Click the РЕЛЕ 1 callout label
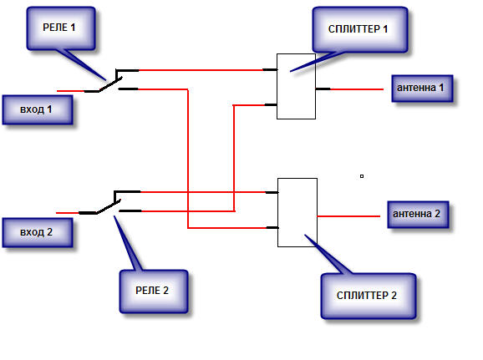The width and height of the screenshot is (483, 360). pyautogui.click(x=61, y=28)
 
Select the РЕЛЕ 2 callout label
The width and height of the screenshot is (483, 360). pyautogui.click(x=154, y=291)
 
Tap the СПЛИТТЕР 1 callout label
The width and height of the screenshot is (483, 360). pyautogui.click(x=360, y=29)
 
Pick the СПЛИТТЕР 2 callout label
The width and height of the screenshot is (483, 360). pyautogui.click(x=369, y=296)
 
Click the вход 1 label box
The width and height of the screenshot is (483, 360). pyautogui.click(x=38, y=109)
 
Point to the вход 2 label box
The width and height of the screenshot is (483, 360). pyautogui.click(x=38, y=232)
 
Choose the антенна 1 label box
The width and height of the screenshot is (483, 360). pyautogui.click(x=422, y=88)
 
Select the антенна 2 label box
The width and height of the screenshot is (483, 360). pyautogui.click(x=418, y=215)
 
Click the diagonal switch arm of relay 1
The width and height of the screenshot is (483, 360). pyautogui.click(x=110, y=84)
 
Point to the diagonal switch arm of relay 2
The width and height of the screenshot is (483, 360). pyautogui.click(x=109, y=206)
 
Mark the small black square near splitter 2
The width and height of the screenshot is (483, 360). pyautogui.click(x=362, y=176)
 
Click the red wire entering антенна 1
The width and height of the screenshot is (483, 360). pyautogui.click(x=357, y=89)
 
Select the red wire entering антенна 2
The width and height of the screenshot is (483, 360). pyautogui.click(x=348, y=216)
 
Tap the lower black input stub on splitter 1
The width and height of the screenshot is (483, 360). pyautogui.click(x=271, y=105)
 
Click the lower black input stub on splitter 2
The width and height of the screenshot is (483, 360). pyautogui.click(x=272, y=227)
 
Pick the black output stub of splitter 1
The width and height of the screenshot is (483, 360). pyautogui.click(x=323, y=89)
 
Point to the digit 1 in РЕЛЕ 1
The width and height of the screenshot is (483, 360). pyautogui.click(x=73, y=28)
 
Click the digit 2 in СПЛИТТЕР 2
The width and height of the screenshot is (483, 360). pyautogui.click(x=394, y=296)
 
